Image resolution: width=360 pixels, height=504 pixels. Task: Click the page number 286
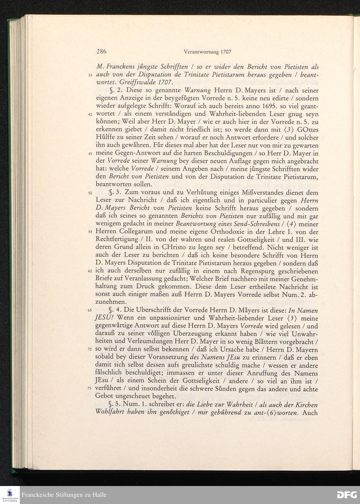(102, 51)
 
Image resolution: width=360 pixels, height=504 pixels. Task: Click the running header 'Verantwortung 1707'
(207, 52)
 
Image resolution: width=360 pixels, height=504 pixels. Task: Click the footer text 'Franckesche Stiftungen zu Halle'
(64, 495)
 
